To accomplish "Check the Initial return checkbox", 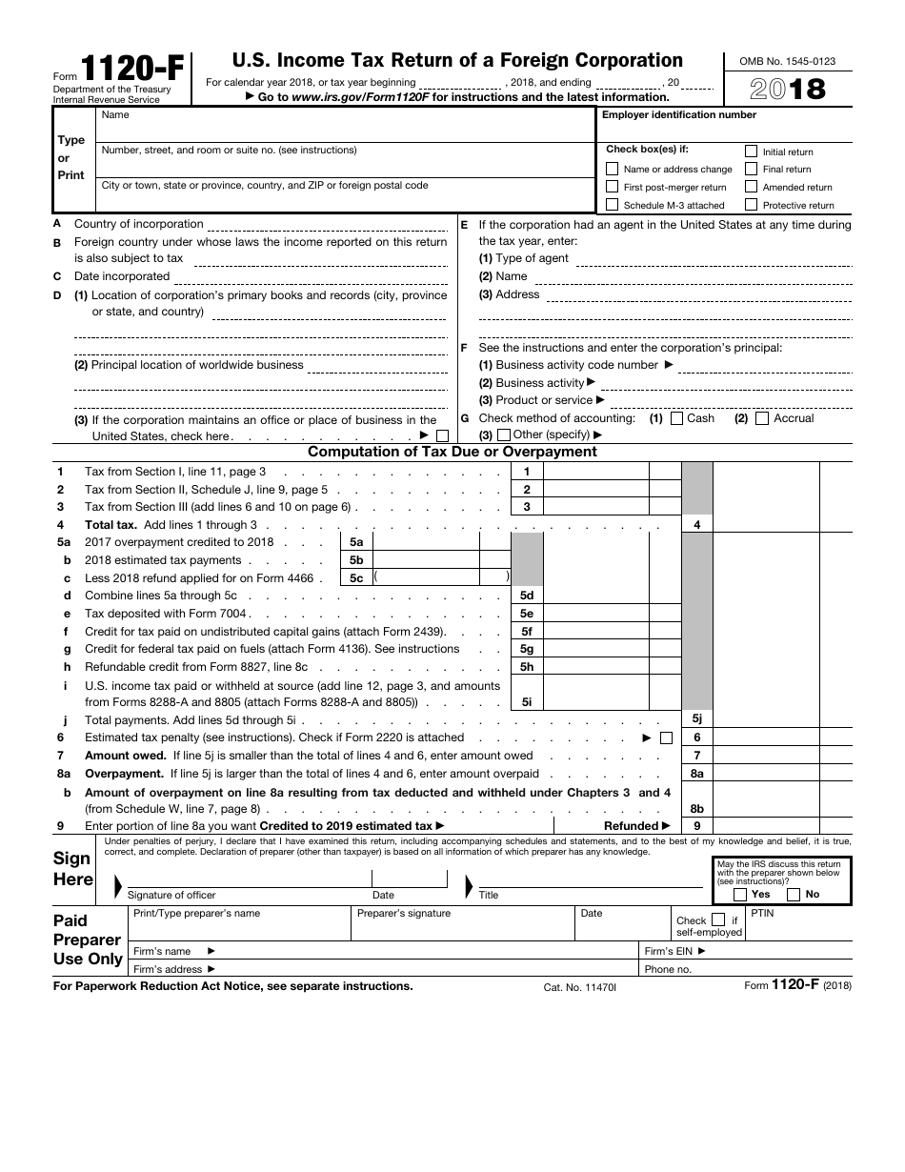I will coord(751,152).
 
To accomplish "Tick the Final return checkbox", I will coord(751,170).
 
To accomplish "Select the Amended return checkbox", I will coord(751,187).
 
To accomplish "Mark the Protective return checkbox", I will coord(751,205).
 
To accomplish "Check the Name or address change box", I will coord(613,170).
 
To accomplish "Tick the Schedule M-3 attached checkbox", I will coord(613,205).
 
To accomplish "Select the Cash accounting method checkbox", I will coord(676,418).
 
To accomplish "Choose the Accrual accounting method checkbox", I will coord(762,418).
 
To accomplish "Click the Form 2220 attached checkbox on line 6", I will coord(666,738).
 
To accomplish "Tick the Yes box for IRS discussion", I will coord(740,895).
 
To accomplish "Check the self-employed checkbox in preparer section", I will coord(717,920).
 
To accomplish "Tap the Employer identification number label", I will coord(678,115).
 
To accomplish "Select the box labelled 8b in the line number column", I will coord(697,809).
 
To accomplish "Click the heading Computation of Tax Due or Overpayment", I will coord(452,452).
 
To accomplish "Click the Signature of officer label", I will coord(171,895).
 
